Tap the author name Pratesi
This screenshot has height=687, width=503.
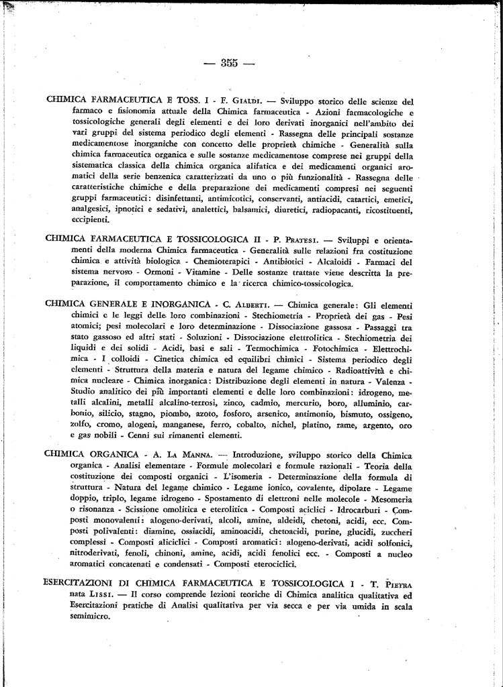point(291,238)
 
